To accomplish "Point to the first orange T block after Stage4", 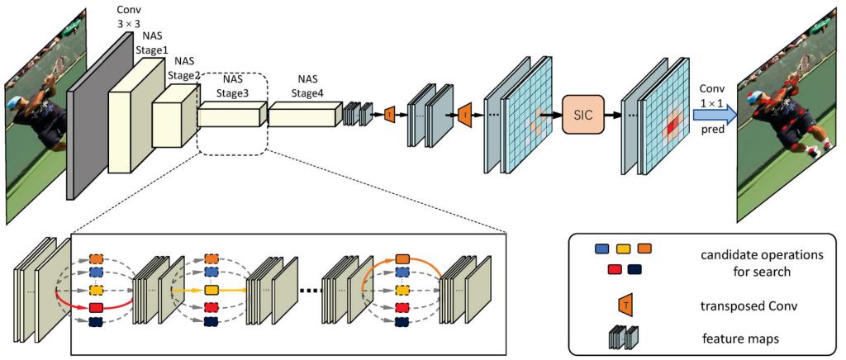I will pos(388,116).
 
